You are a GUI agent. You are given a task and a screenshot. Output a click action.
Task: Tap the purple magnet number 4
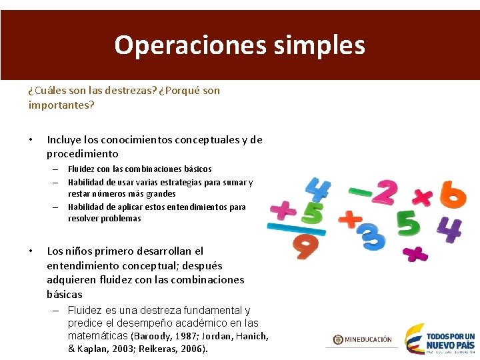(450, 229)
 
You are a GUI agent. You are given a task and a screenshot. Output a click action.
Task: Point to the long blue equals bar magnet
(296, 228)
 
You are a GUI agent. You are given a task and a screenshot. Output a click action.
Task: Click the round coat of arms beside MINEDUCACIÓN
(338, 339)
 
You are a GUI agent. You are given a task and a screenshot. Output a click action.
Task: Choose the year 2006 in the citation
(192, 349)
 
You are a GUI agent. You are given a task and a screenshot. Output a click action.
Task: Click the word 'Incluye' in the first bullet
(63, 139)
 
